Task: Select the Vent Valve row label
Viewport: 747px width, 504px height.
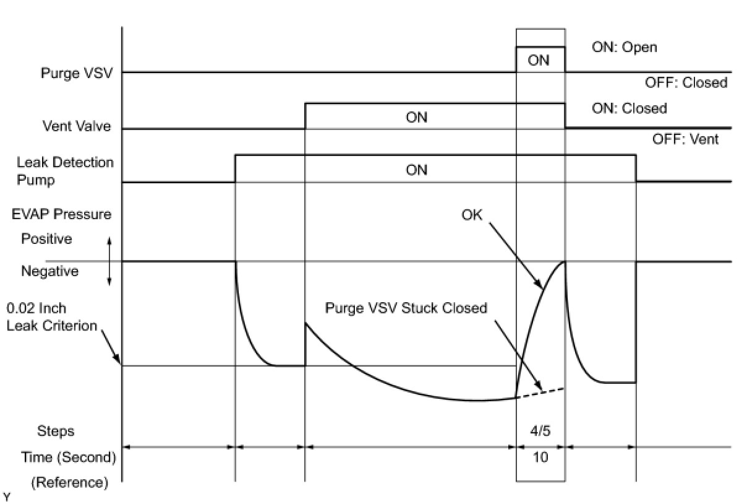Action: pos(77,126)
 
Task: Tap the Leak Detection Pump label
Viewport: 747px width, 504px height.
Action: pos(65,171)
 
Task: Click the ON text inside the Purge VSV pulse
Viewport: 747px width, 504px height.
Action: pos(539,61)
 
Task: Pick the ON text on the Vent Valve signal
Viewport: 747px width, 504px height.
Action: pos(416,117)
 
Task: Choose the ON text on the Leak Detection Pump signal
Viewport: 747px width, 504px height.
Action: pos(416,170)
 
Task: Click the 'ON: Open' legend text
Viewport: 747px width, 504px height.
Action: pos(625,48)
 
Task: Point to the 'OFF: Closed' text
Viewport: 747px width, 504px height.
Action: pos(686,83)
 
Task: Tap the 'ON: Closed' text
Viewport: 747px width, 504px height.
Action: pos(630,108)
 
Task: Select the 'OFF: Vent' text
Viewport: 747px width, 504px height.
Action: pos(685,139)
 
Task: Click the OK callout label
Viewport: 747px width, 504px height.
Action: pos(472,216)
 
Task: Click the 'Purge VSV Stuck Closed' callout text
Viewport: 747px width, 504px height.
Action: pos(406,308)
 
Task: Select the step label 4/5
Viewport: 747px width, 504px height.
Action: pos(540,430)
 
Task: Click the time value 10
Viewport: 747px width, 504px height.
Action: pos(540,458)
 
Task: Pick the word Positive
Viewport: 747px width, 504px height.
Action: pos(46,238)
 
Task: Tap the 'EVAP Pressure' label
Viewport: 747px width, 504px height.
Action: pos(62,214)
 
